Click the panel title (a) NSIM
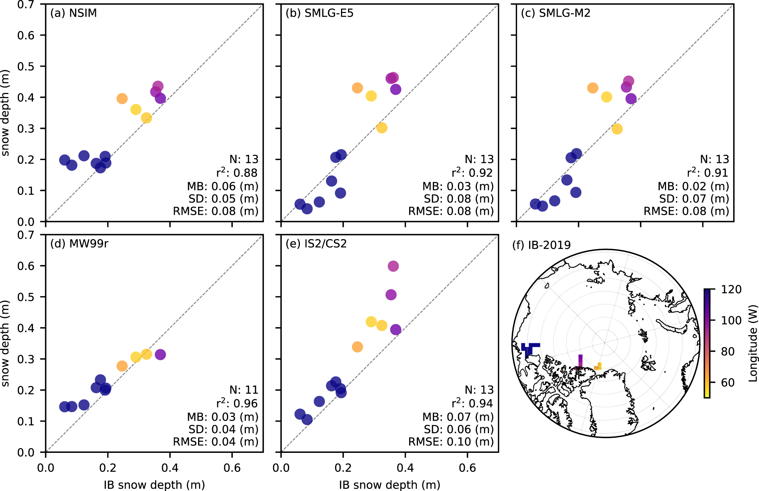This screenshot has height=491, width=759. (73, 13)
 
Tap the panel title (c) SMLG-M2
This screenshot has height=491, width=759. (555, 13)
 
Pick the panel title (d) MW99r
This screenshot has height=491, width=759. (79, 244)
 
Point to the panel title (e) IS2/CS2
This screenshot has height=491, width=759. (316, 244)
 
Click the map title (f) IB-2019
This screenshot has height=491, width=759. (541, 245)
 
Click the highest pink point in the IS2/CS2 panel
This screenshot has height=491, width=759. (393, 266)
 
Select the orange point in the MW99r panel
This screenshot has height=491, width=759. (122, 366)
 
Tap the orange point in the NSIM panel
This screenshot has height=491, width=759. (122, 99)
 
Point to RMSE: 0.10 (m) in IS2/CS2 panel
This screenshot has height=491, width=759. (451, 442)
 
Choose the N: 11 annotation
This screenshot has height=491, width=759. (244, 390)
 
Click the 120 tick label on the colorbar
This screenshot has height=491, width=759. (731, 289)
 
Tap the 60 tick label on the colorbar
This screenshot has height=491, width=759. (728, 383)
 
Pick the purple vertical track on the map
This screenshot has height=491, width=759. (580, 361)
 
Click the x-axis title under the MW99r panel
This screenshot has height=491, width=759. (154, 485)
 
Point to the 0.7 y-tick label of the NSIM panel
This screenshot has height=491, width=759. (26, 5)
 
